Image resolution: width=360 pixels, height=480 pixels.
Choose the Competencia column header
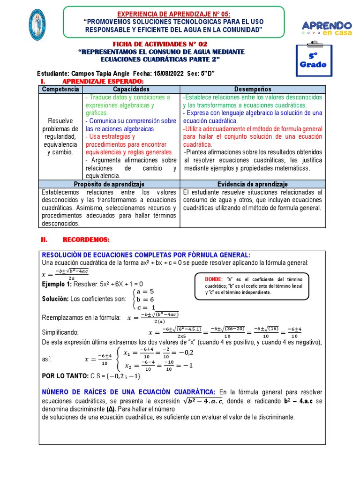click(60, 89)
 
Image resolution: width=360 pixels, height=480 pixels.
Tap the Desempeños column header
click(252, 89)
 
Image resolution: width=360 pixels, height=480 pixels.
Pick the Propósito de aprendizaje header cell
click(109, 184)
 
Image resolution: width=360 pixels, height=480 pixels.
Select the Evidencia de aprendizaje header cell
click(252, 184)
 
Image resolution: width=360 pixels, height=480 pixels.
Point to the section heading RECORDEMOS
click(85, 240)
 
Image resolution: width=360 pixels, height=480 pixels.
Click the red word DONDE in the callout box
click(214, 279)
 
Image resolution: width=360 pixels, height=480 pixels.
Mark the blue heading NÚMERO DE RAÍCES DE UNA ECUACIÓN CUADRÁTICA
click(128, 392)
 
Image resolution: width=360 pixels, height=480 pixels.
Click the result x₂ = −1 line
click(158, 366)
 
